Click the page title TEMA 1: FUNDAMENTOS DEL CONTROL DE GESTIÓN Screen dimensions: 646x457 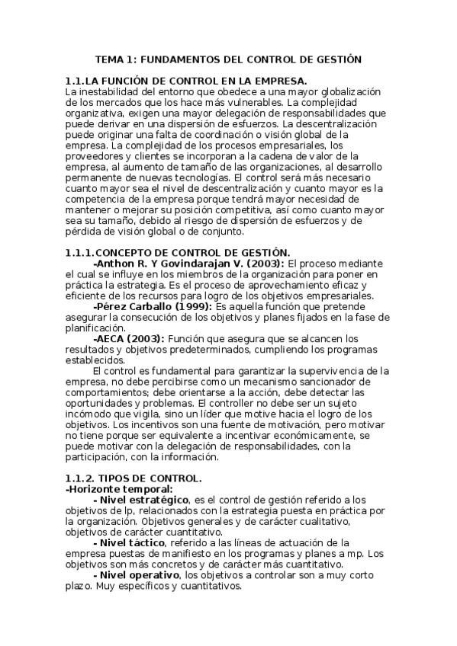pos(228,58)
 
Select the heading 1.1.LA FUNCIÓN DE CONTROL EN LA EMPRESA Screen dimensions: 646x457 pos(187,80)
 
